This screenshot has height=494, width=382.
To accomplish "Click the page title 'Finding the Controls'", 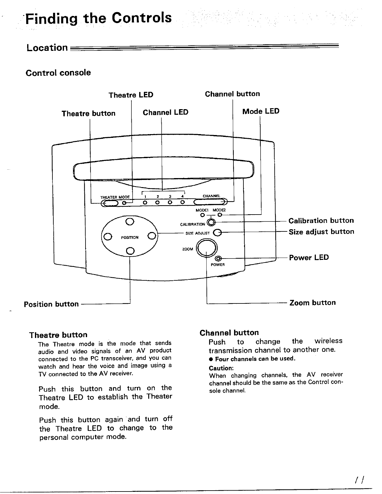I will [99, 18].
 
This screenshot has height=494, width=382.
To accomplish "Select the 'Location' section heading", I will [47, 48].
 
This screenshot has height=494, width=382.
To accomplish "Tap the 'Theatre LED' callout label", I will [131, 95].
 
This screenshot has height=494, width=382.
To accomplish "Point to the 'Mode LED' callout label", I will [261, 111].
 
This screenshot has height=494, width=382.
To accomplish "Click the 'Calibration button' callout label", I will [321, 221].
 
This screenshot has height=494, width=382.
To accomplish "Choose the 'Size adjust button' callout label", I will [321, 232].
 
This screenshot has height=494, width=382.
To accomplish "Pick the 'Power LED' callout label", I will [309, 258].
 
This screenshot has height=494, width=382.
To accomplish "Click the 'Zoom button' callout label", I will [312, 303].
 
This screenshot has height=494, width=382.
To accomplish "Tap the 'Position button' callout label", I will [51, 304].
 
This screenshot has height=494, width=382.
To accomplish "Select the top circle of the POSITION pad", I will [130, 222].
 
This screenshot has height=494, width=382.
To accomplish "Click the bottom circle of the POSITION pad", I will [130, 250].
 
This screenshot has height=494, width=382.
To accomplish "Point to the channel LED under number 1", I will [145, 203].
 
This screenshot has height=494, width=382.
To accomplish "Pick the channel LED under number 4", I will [183, 203].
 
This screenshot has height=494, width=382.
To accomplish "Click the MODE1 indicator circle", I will [202, 215].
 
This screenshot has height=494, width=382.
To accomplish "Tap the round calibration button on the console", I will [212, 222].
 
